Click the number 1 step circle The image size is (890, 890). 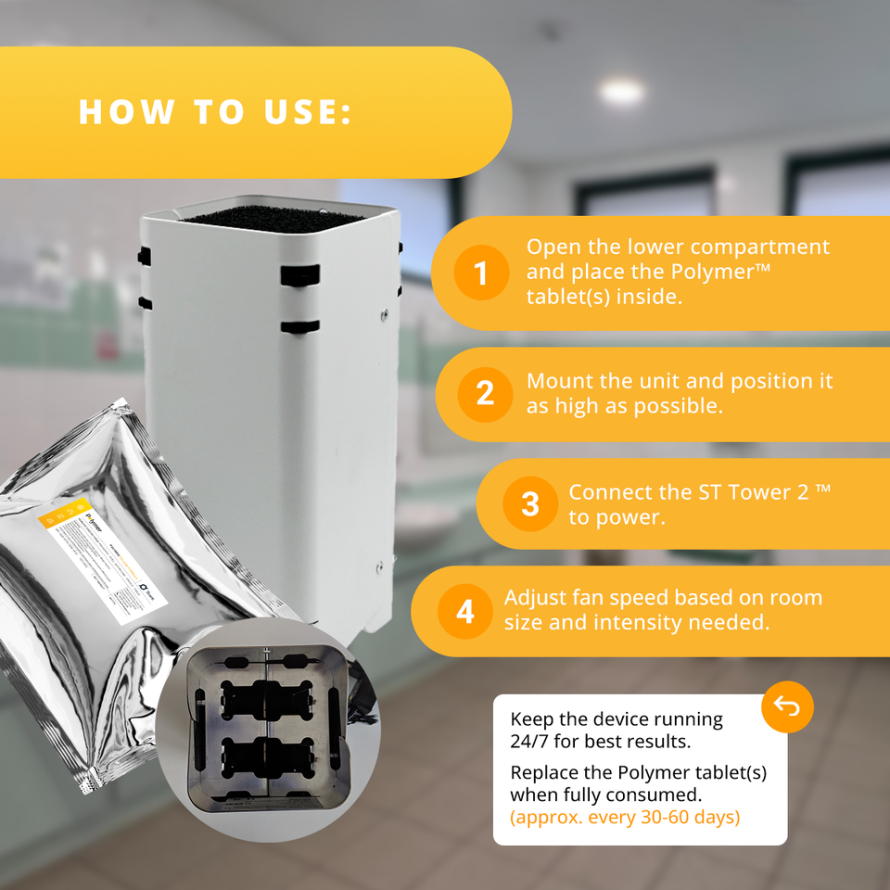[x=480, y=273]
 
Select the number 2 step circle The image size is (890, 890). [x=485, y=394]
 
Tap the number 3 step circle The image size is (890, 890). [x=529, y=503]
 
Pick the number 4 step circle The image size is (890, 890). [x=464, y=611]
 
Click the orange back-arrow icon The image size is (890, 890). [x=787, y=707]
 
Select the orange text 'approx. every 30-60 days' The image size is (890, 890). [x=625, y=818]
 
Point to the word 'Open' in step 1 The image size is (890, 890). [x=553, y=248]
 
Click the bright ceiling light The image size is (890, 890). [x=620, y=91]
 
